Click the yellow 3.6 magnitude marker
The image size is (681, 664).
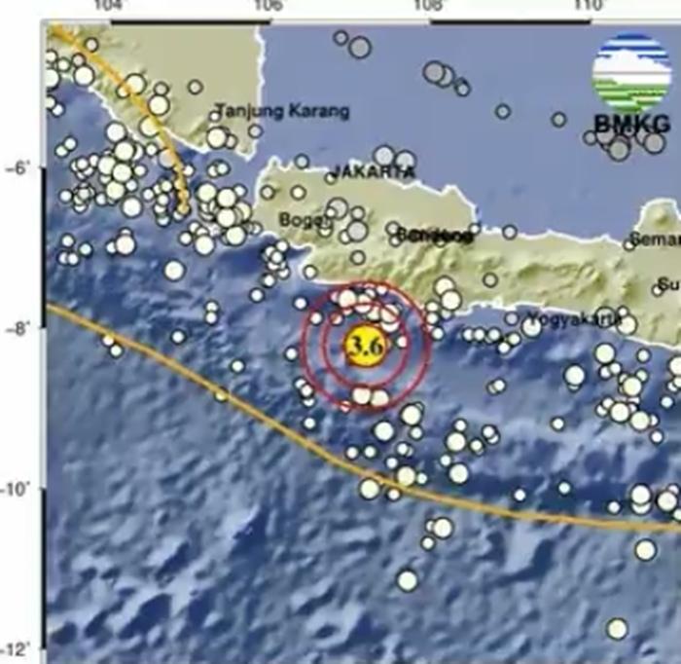pos(364,346)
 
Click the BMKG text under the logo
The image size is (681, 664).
pos(631,124)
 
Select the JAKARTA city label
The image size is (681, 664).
pos(373,171)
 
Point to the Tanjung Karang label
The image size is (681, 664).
pos(281,111)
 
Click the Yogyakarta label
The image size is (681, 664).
pos(574,317)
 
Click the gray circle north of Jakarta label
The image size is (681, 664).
pos(385,154)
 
